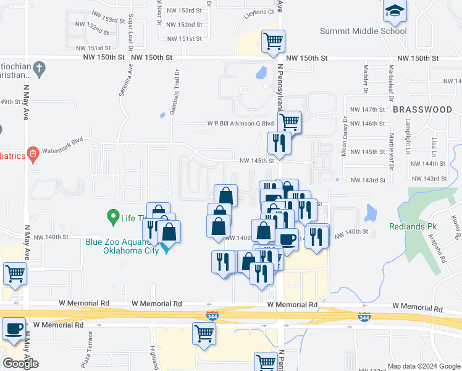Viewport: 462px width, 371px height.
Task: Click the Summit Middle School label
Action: pos(363,31)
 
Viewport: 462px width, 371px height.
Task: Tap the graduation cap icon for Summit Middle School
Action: pos(395,11)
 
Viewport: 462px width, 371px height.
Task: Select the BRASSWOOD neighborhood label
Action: pos(422,109)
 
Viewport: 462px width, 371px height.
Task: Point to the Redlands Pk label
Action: pos(414,226)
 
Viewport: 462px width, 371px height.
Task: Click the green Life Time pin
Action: pos(112,217)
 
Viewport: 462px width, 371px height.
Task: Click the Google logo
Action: pos(21,363)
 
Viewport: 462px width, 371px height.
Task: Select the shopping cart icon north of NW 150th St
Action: pos(273,41)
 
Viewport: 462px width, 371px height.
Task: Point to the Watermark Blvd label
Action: pos(69,141)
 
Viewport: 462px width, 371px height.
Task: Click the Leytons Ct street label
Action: pos(259,12)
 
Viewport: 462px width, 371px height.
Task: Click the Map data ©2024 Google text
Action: pos(423,365)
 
